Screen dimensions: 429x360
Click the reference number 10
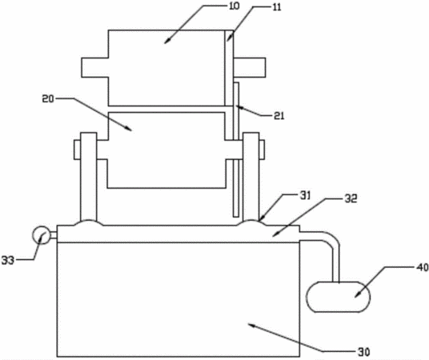(235, 6)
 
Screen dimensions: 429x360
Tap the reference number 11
(277, 7)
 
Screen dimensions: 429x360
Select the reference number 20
(48, 98)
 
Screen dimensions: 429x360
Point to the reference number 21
(279, 116)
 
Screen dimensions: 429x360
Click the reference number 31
(305, 196)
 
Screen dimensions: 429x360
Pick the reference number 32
(351, 199)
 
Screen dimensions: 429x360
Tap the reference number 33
(8, 261)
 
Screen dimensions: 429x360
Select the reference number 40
(423, 267)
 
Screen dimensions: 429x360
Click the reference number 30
(363, 352)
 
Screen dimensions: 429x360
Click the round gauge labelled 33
(42, 234)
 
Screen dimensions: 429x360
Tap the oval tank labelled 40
(339, 297)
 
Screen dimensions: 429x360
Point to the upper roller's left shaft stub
(95, 67)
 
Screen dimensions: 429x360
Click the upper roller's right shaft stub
(250, 67)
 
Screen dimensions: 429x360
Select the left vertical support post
(88, 177)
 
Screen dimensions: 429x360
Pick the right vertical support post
(251, 177)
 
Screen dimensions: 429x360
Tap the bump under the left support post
(88, 222)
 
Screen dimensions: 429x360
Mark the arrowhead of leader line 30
(251, 325)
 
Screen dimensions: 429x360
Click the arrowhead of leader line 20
(129, 128)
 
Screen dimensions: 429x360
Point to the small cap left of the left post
(77, 150)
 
